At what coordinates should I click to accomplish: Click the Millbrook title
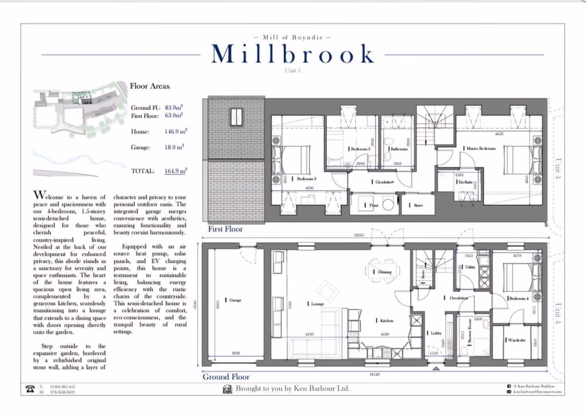click(x=293, y=55)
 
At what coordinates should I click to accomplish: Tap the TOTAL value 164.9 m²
click(x=176, y=171)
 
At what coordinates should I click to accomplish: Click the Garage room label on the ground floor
click(x=234, y=300)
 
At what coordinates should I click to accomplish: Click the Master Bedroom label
click(x=481, y=149)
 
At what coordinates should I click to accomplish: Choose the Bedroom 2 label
click(x=304, y=179)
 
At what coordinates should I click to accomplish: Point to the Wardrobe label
click(x=516, y=340)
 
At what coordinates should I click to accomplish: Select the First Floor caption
click(x=226, y=229)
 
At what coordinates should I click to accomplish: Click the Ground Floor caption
click(x=226, y=377)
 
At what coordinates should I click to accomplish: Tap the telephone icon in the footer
click(x=29, y=389)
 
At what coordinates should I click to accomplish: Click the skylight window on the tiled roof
click(x=236, y=116)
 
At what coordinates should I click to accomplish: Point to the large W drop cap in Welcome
click(x=39, y=196)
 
